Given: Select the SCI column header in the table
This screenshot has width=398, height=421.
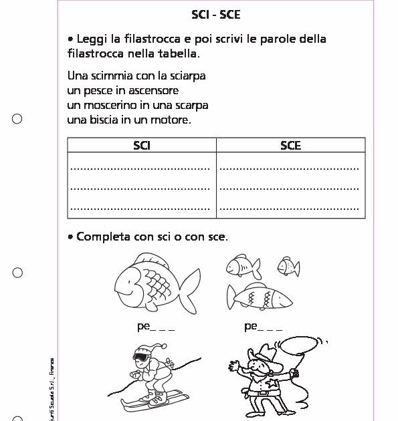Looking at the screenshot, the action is coord(142,145).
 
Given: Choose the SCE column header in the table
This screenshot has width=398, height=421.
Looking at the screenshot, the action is coord(290,145).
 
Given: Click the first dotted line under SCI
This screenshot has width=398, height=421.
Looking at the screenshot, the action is coord(140,167).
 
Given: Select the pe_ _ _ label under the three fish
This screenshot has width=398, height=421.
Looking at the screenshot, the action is coord(263,327).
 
